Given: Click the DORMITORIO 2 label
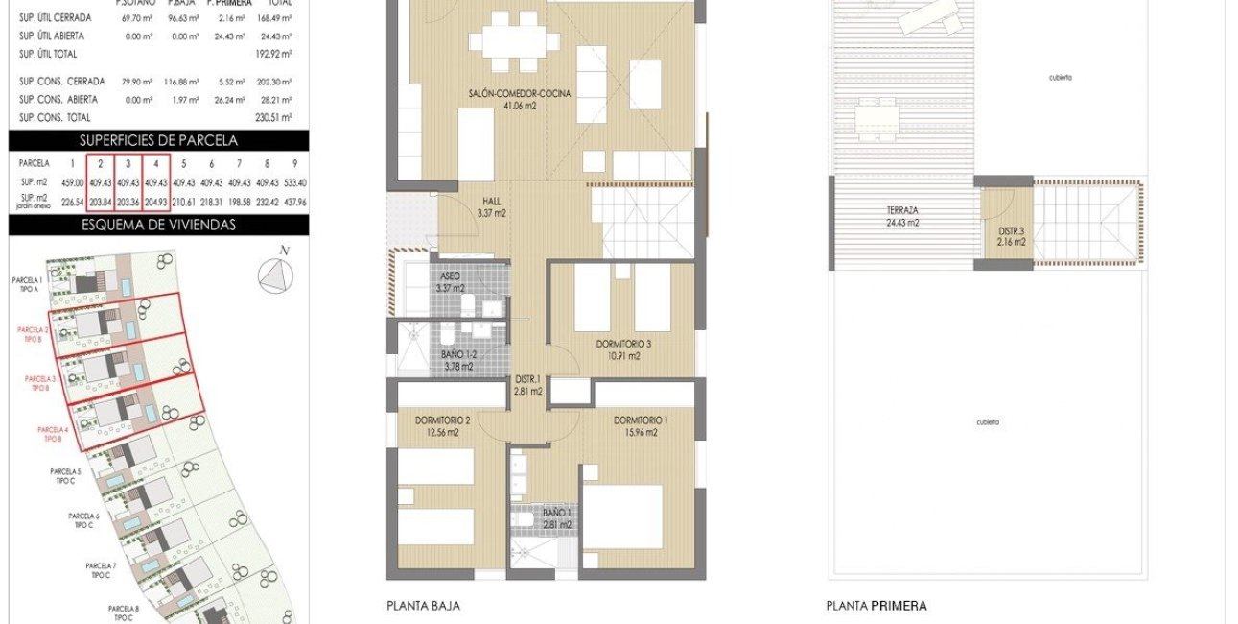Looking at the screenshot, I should pyautogui.click(x=442, y=426).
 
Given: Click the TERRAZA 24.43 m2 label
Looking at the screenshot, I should pyautogui.click(x=902, y=216).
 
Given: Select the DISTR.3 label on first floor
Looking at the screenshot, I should pyautogui.click(x=1011, y=236).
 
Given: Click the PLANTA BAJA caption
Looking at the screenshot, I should pyautogui.click(x=423, y=606).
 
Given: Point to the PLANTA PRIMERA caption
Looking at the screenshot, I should pyautogui.click(x=876, y=606).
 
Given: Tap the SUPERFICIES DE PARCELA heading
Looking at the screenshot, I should pyautogui.click(x=158, y=140).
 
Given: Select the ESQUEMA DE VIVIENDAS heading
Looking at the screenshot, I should pyautogui.click(x=158, y=226).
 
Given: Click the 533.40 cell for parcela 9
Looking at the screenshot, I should pyautogui.click(x=294, y=182).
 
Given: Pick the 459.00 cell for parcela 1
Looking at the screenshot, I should pyautogui.click(x=72, y=182).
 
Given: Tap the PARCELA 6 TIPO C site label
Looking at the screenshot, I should pyautogui.click(x=83, y=520).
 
